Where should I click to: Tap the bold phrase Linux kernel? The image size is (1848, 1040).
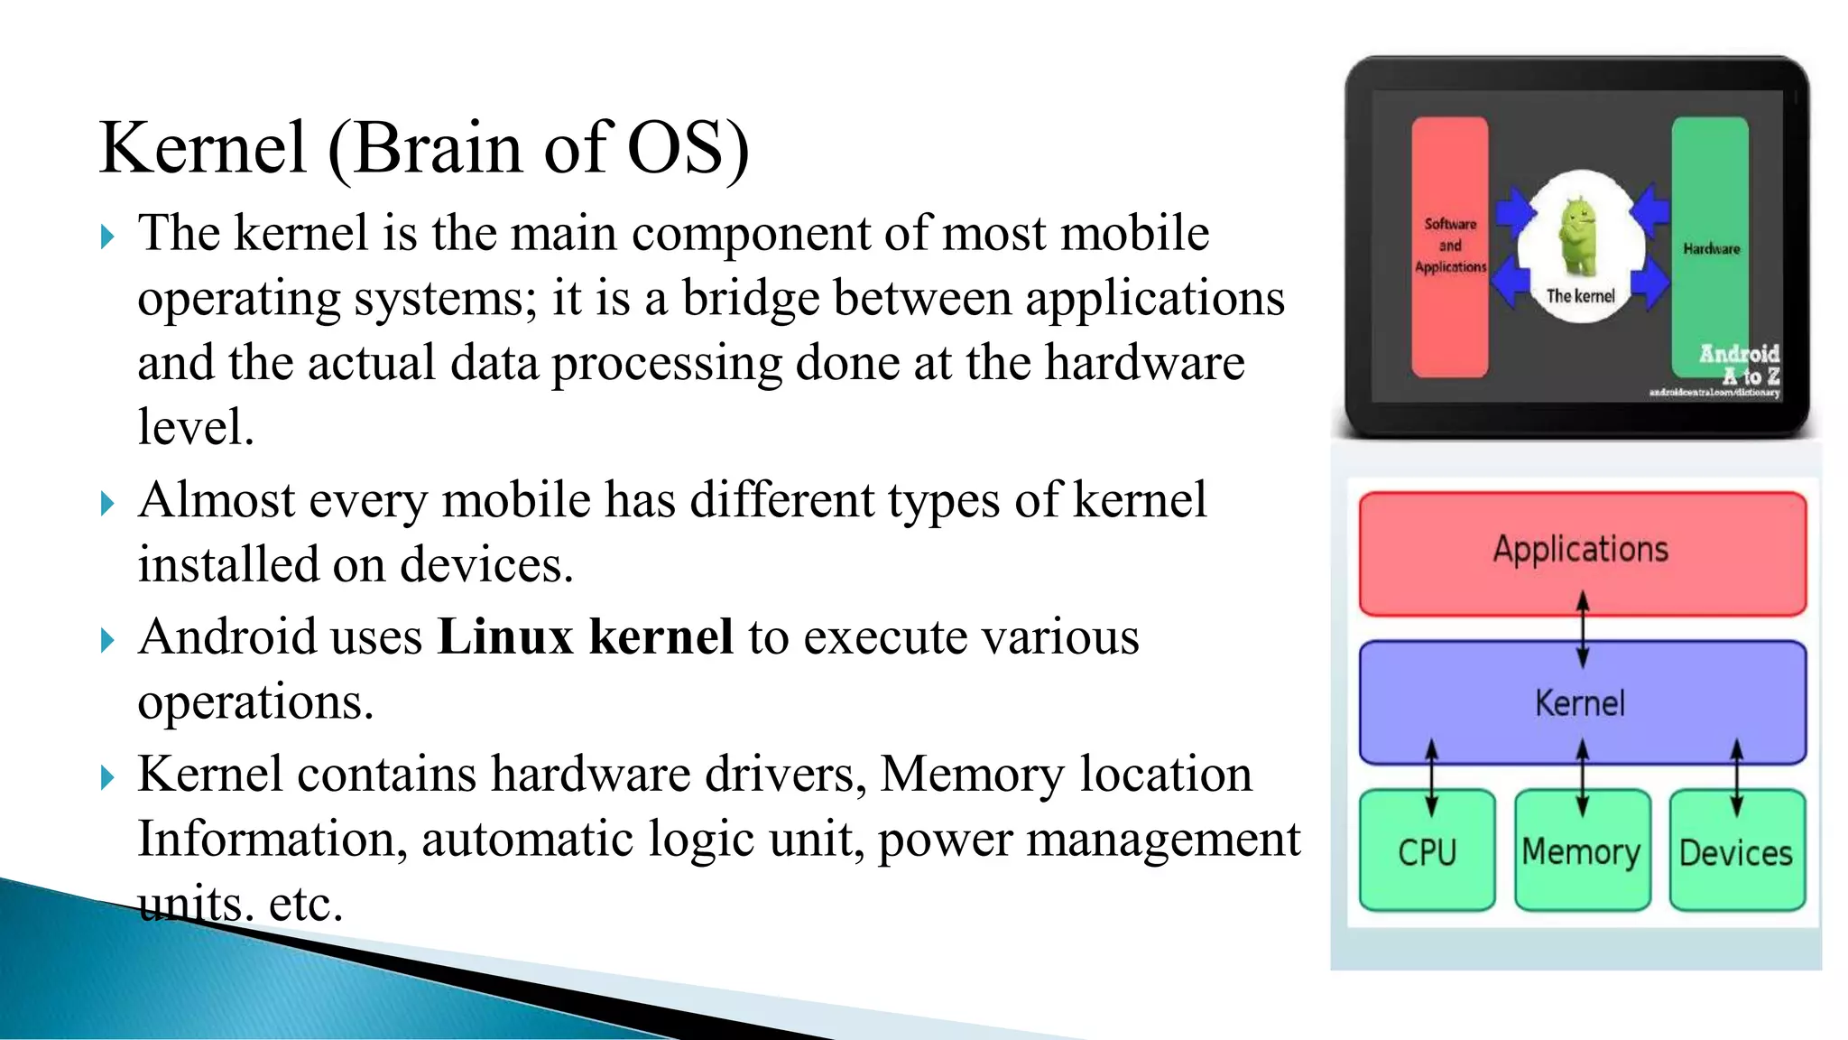click(585, 636)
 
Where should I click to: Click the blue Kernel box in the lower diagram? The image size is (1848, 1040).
click(1582, 703)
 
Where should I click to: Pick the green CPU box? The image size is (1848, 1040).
click(1427, 851)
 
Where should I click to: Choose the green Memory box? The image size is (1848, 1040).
click(1582, 851)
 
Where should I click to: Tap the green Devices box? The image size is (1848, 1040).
click(1736, 851)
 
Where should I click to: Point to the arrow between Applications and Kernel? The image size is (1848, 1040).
click(1582, 629)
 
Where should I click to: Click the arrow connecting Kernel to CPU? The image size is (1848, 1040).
click(1431, 777)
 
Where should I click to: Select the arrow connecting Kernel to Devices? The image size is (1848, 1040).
click(1736, 777)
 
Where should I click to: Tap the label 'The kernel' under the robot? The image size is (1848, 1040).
click(1580, 296)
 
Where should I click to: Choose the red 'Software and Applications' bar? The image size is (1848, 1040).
click(1450, 246)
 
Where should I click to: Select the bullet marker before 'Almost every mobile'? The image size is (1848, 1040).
click(107, 503)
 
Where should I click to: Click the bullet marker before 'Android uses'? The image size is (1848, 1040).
click(107, 640)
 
